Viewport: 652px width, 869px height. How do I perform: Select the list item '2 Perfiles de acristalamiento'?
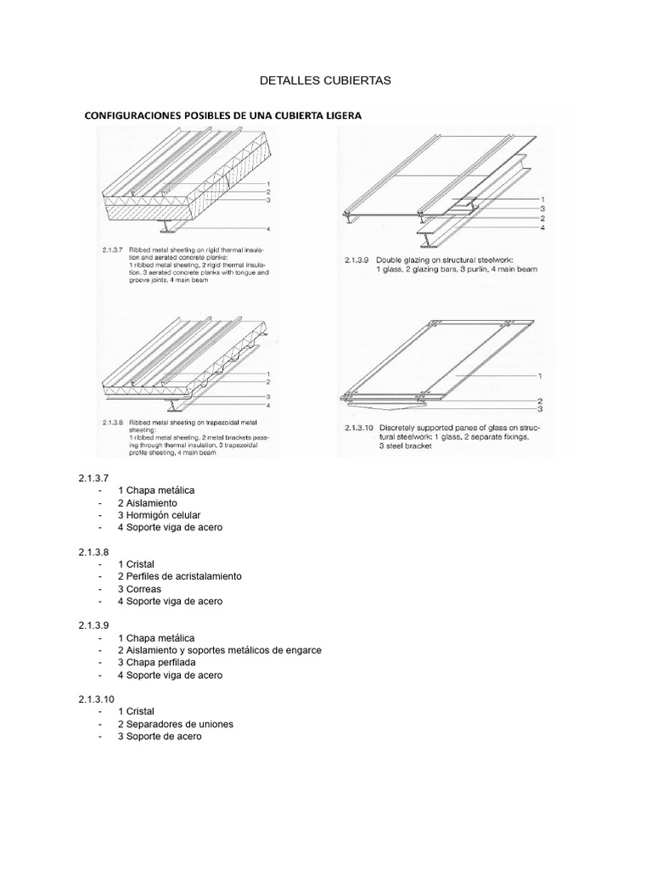(x=180, y=576)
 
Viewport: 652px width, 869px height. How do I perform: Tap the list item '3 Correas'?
(x=139, y=589)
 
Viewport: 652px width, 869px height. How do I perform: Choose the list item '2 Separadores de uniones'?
(x=176, y=724)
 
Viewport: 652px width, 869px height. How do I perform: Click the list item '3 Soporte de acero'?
(x=160, y=737)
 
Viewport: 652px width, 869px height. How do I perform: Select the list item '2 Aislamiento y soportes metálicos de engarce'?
(x=220, y=650)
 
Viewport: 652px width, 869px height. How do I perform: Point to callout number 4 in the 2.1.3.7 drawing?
(x=267, y=229)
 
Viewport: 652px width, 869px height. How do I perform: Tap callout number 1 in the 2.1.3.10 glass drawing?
(x=540, y=374)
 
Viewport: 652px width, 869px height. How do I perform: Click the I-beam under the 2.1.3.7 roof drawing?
(x=166, y=226)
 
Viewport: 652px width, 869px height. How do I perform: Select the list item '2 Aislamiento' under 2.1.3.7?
(x=148, y=502)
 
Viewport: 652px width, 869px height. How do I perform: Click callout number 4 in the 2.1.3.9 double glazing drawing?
(x=542, y=227)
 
